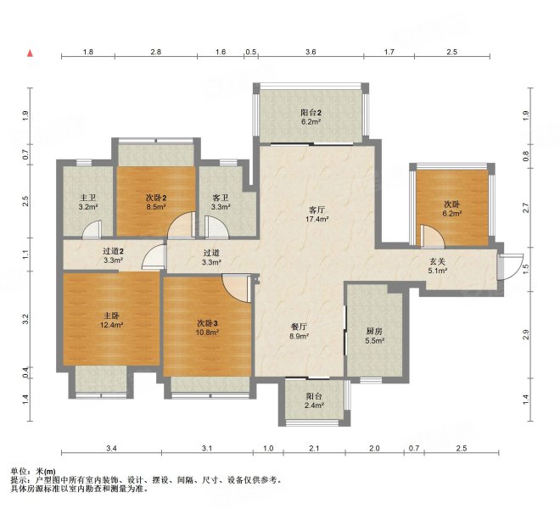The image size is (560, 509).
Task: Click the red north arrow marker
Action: tap(31, 53)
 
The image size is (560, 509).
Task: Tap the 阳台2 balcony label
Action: tap(311, 113)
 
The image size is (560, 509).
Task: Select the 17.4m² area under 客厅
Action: tap(316, 219)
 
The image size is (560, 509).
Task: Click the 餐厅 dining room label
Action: tap(299, 327)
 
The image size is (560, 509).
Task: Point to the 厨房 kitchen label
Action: tap(374, 331)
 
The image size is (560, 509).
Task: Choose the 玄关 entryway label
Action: tap(437, 261)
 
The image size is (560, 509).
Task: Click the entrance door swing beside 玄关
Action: tap(512, 266)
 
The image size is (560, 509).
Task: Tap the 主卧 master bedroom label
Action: tap(111, 316)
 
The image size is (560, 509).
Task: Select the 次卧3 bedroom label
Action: tap(208, 323)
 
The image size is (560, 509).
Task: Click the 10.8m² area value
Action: tap(207, 333)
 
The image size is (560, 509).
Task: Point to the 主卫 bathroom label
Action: tap(88, 198)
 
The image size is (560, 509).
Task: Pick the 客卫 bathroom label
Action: tap(220, 198)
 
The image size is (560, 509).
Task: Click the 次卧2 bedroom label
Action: tap(156, 198)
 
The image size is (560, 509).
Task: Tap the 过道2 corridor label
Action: tap(113, 251)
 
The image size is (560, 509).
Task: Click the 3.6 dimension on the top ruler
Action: tap(311, 52)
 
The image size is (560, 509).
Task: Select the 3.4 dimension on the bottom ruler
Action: tap(111, 448)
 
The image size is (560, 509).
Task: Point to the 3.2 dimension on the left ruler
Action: tap(25, 319)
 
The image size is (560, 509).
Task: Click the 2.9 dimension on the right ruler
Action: tap(525, 335)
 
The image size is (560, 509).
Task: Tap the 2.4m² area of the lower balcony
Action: tap(314, 406)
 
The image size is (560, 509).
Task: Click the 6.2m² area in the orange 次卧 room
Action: tap(452, 214)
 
